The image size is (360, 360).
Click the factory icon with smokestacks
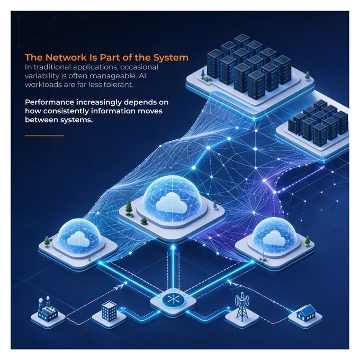pos(47,308)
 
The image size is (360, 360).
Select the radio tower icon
pos(242,307)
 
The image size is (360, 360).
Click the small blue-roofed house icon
pos(305,312)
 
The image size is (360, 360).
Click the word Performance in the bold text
pos(49,102)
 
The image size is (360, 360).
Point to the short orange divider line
pos(44,136)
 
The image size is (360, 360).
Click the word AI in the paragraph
pos(142,76)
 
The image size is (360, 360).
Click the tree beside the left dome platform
pos(47,241)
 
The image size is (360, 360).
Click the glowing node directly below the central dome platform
pos(173,247)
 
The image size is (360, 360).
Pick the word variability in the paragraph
pos(41,76)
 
